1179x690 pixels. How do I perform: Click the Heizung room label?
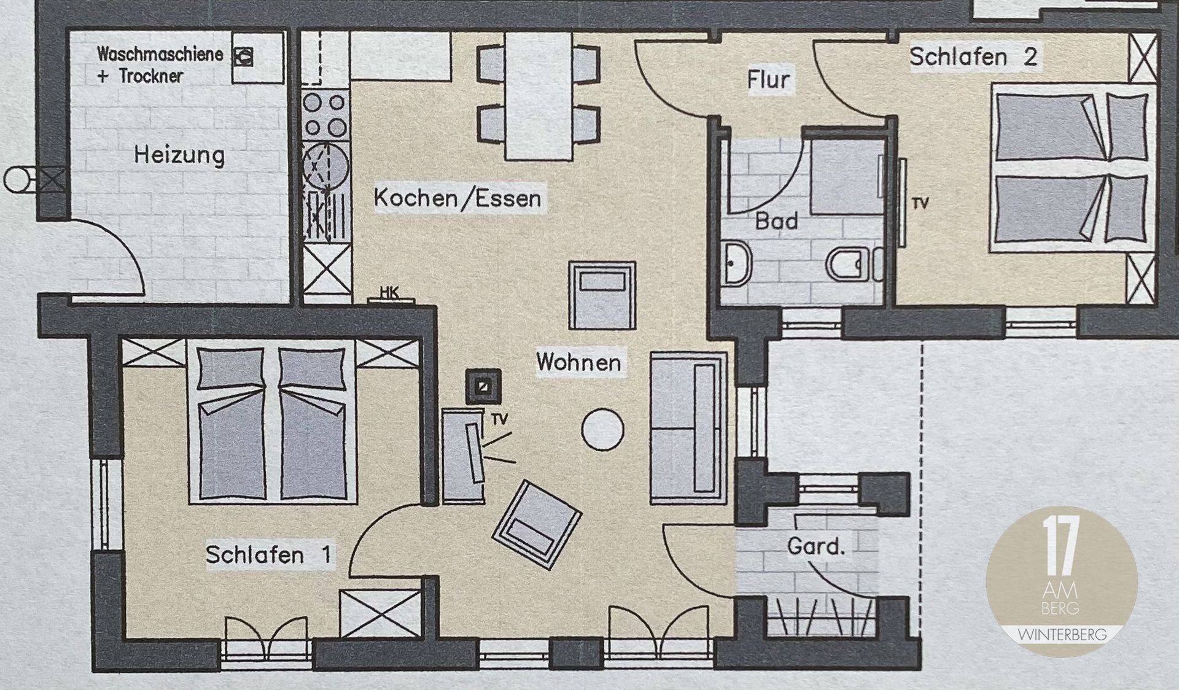[x=179, y=155]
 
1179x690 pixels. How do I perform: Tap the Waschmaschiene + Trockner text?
[x=160, y=64]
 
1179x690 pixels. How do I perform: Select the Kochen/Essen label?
[x=457, y=198]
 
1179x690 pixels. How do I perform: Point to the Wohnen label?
[x=578, y=362]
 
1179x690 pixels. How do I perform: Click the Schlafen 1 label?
[x=268, y=555]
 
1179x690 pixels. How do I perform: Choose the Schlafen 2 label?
[x=973, y=57]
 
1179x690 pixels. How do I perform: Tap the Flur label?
[x=768, y=79]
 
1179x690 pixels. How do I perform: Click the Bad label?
[x=777, y=221]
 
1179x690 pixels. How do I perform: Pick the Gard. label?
[x=816, y=546]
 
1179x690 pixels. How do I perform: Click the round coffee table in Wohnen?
[x=602, y=430]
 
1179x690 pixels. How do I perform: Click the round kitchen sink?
[x=325, y=166]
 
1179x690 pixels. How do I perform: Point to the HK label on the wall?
[x=389, y=293]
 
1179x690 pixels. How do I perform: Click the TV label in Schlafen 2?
[x=920, y=203]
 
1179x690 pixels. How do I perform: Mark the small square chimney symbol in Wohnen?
[x=483, y=386]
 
